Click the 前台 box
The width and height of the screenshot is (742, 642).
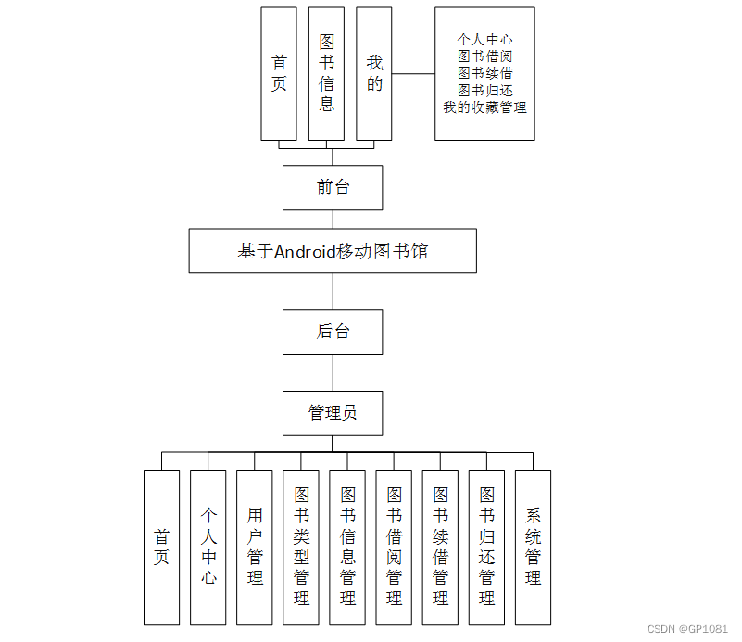[x=333, y=187]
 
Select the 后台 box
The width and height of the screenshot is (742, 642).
[x=333, y=332]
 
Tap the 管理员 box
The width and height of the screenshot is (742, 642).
[x=333, y=413]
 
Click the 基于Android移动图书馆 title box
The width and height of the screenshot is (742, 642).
[x=333, y=251]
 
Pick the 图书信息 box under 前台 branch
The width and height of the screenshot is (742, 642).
[x=326, y=74]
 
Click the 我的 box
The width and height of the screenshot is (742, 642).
[x=374, y=74]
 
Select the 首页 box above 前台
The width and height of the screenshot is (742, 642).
[x=279, y=74]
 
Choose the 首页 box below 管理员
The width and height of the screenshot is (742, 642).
[x=162, y=547]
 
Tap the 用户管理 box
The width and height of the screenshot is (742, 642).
[x=255, y=547]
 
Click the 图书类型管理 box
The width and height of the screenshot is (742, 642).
[x=301, y=547]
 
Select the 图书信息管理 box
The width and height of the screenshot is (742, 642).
[x=347, y=547]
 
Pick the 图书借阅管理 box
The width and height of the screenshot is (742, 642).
[x=394, y=547]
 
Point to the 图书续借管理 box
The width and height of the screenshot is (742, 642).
[x=440, y=547]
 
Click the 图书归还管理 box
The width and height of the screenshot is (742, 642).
[x=486, y=547]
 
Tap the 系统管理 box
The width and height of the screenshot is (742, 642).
[x=533, y=547]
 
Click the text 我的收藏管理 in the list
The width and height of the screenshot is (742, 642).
[x=484, y=107]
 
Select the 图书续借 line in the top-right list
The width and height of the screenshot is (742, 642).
[x=484, y=73]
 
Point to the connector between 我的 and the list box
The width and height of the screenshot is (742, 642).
[x=413, y=73]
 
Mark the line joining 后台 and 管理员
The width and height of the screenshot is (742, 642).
[x=333, y=372]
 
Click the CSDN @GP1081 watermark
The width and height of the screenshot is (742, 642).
[x=688, y=628]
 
